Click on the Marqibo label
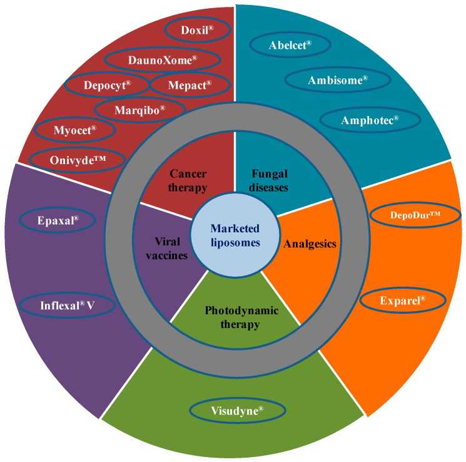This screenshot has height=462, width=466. pos(139,109)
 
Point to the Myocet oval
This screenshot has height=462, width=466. pos(74,131)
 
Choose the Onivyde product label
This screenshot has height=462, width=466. pos(78,160)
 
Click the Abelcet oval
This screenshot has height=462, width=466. pos(290,45)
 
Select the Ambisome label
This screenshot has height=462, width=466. pos(338,80)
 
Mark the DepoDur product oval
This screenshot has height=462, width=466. pos(415,214)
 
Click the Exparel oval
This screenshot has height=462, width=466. pos(403,300)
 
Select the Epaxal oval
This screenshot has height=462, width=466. pos(57,220)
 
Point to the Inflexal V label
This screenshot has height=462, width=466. pos(68,306)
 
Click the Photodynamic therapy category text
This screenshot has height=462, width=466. pos(232,317)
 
